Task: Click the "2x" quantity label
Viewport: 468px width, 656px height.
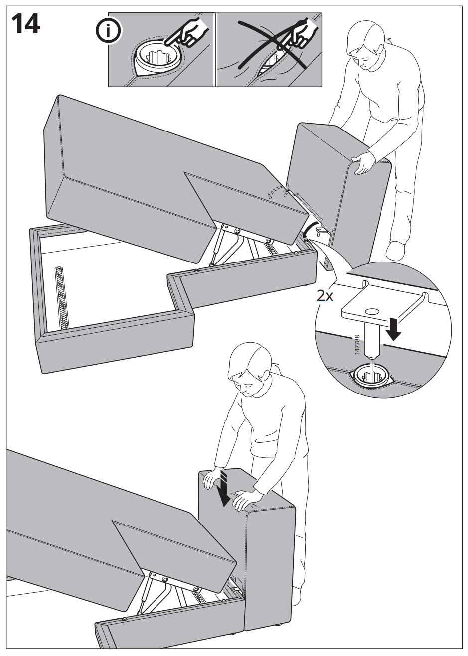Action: click(325, 296)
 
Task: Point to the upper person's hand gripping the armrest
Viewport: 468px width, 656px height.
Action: click(363, 163)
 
